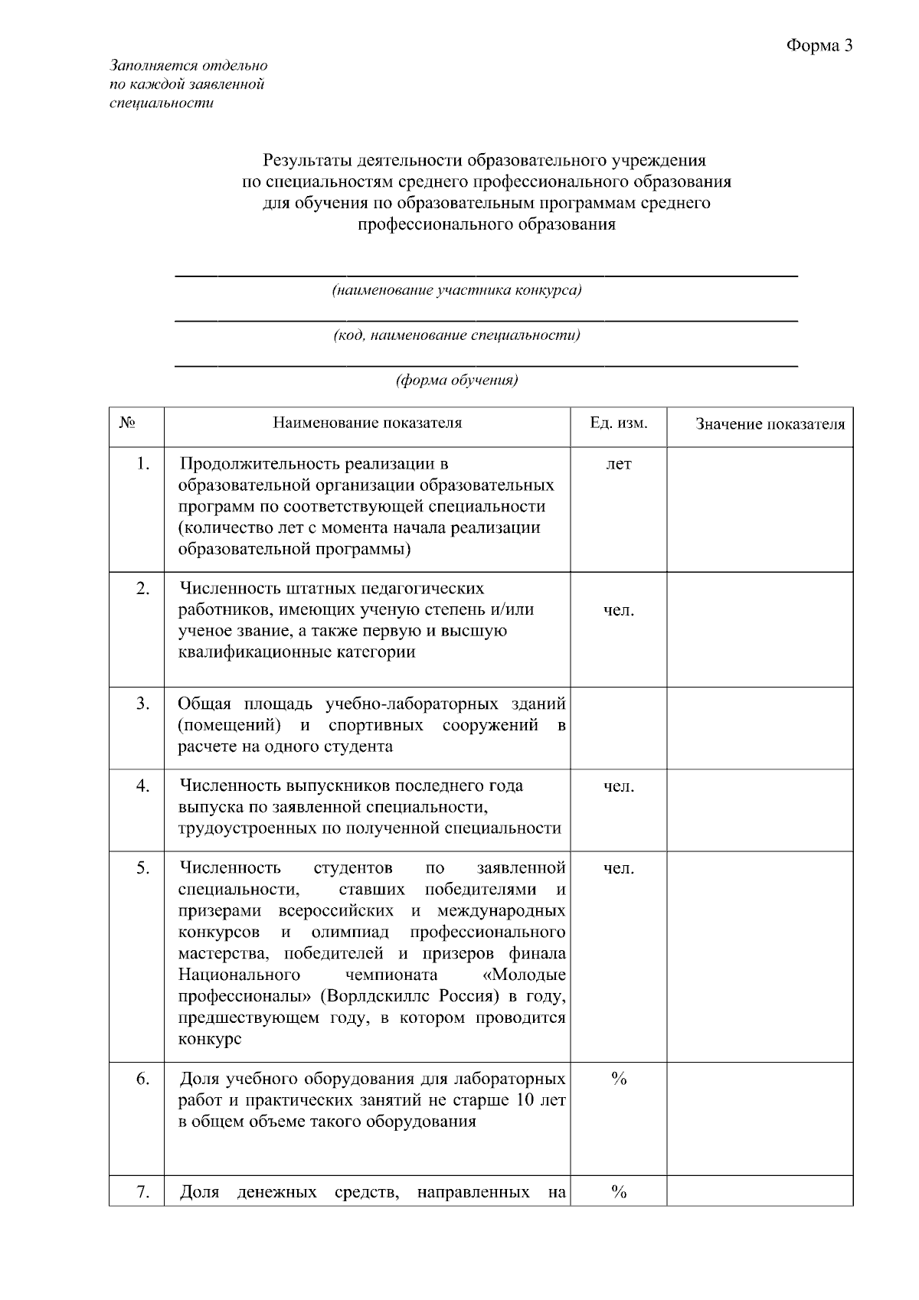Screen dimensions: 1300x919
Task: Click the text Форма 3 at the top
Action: pyautogui.click(x=819, y=46)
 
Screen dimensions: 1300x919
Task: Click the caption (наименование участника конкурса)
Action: pyautogui.click(x=456, y=291)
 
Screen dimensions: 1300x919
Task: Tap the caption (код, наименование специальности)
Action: pyautogui.click(x=456, y=335)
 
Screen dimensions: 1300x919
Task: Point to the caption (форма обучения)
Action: pyautogui.click(x=456, y=380)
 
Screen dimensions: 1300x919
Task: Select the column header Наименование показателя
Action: pyautogui.click(x=368, y=423)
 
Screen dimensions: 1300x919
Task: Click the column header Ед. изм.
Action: pyautogui.click(x=618, y=423)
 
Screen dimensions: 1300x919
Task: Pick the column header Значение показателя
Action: pyautogui.click(x=770, y=424)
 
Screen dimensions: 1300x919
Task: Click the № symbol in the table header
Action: pyautogui.click(x=128, y=423)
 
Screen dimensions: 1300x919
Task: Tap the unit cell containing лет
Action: pyautogui.click(x=619, y=464)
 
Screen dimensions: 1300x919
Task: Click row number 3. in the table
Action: pyautogui.click(x=143, y=704)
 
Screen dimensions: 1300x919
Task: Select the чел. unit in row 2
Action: pyautogui.click(x=619, y=610)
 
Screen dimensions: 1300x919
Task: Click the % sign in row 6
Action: pyautogui.click(x=619, y=1080)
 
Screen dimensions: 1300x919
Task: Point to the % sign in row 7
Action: pyautogui.click(x=619, y=1193)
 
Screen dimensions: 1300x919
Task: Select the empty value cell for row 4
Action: pyautogui.click(x=760, y=810)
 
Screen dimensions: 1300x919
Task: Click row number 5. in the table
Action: pyautogui.click(x=143, y=868)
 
